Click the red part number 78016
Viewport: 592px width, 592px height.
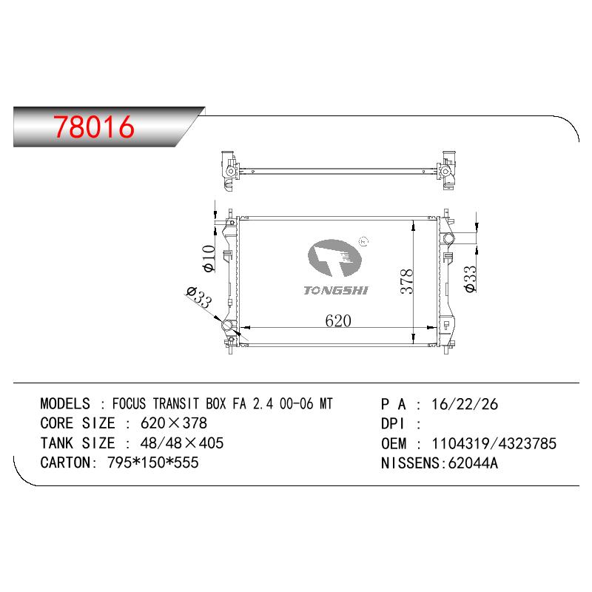point(94,126)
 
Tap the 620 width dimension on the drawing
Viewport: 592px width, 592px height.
point(338,321)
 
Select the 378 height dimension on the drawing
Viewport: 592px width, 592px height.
point(407,281)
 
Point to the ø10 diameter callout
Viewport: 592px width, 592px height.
point(209,258)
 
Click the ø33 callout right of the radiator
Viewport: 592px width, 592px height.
point(471,279)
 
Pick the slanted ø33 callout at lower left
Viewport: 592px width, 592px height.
point(199,297)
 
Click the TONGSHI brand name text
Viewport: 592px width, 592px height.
point(336,290)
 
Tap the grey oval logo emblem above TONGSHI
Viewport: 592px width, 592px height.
point(334,258)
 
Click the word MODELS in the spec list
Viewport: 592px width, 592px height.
point(65,403)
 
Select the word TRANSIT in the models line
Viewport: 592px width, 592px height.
point(175,403)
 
